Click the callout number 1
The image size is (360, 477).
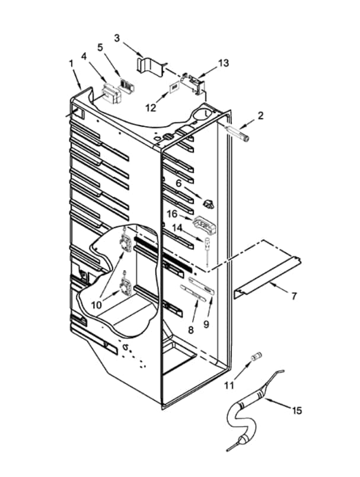tap(71, 63)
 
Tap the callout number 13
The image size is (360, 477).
tap(223, 63)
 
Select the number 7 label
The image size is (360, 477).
tap(294, 296)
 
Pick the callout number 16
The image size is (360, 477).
tap(172, 214)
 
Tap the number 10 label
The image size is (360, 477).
tap(97, 305)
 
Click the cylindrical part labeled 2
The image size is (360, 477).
tap(237, 133)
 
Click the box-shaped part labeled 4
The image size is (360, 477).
tap(111, 92)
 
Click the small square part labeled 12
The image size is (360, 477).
tap(174, 87)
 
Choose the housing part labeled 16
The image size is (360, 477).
tap(204, 225)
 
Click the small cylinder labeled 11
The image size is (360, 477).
tap(257, 356)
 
